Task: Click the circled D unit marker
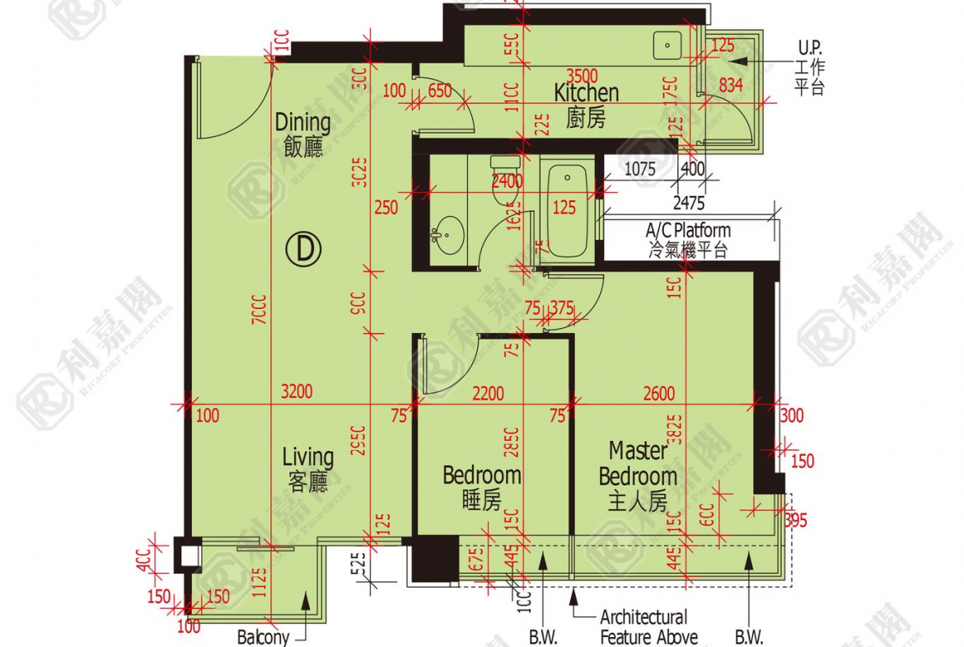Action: [305, 249]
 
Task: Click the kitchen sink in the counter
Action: [663, 43]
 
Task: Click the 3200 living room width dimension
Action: [297, 392]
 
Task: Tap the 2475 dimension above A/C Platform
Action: [689, 202]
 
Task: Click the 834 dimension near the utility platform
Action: [731, 84]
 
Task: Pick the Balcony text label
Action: [264, 636]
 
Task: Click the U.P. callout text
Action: [810, 47]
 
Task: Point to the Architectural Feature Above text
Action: [648, 627]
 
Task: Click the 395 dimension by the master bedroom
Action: [795, 520]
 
